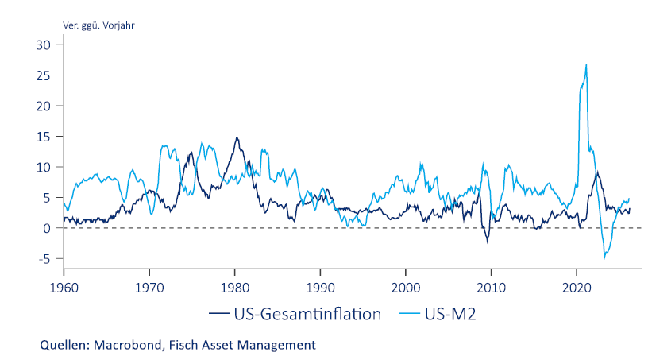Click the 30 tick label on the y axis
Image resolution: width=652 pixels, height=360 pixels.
[43, 45]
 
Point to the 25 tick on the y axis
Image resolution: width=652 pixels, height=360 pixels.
[43, 75]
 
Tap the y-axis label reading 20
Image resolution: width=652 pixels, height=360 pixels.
[43, 106]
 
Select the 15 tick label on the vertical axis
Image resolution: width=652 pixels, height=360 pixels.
[43, 137]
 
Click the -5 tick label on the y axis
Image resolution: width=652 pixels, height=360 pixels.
[44, 259]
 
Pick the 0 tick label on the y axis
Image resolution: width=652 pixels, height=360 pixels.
[47, 228]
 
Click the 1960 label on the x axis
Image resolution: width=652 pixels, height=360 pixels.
[64, 288]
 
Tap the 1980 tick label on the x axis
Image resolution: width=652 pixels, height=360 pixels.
[235, 288]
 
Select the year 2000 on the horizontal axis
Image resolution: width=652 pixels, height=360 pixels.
[406, 288]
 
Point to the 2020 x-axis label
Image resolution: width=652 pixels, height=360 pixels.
[577, 288]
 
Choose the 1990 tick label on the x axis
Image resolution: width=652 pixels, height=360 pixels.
[320, 288]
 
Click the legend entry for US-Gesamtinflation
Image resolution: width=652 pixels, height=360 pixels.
[295, 314]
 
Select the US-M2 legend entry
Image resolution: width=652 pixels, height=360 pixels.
[438, 314]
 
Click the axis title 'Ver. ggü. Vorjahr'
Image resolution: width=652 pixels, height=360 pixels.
[98, 25]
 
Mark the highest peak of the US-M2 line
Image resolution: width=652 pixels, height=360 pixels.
[586, 65]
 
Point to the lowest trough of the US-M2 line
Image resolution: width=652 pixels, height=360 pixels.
[604, 258]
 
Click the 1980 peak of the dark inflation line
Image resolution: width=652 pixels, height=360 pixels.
[237, 137]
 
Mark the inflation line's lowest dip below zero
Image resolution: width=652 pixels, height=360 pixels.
[488, 242]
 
